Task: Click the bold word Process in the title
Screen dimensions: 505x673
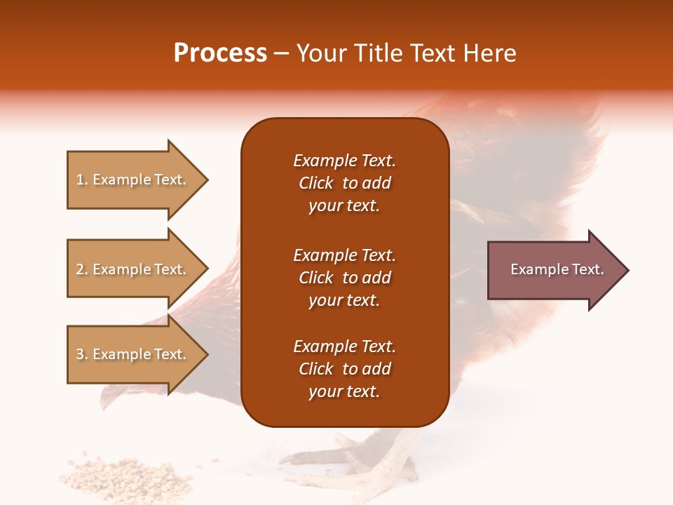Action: point(220,53)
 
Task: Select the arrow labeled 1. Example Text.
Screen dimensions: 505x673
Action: point(133,180)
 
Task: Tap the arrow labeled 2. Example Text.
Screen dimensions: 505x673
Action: point(133,269)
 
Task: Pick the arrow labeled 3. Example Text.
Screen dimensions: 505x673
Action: point(133,354)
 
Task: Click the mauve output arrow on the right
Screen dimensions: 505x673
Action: point(554,269)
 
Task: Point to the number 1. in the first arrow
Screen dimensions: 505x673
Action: point(82,180)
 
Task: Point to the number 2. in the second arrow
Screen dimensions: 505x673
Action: point(82,269)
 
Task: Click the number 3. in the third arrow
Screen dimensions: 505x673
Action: point(82,354)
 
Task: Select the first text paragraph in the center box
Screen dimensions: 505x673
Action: point(344,183)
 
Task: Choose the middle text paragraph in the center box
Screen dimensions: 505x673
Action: point(344,278)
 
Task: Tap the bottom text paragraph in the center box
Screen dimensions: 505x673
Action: point(344,369)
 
